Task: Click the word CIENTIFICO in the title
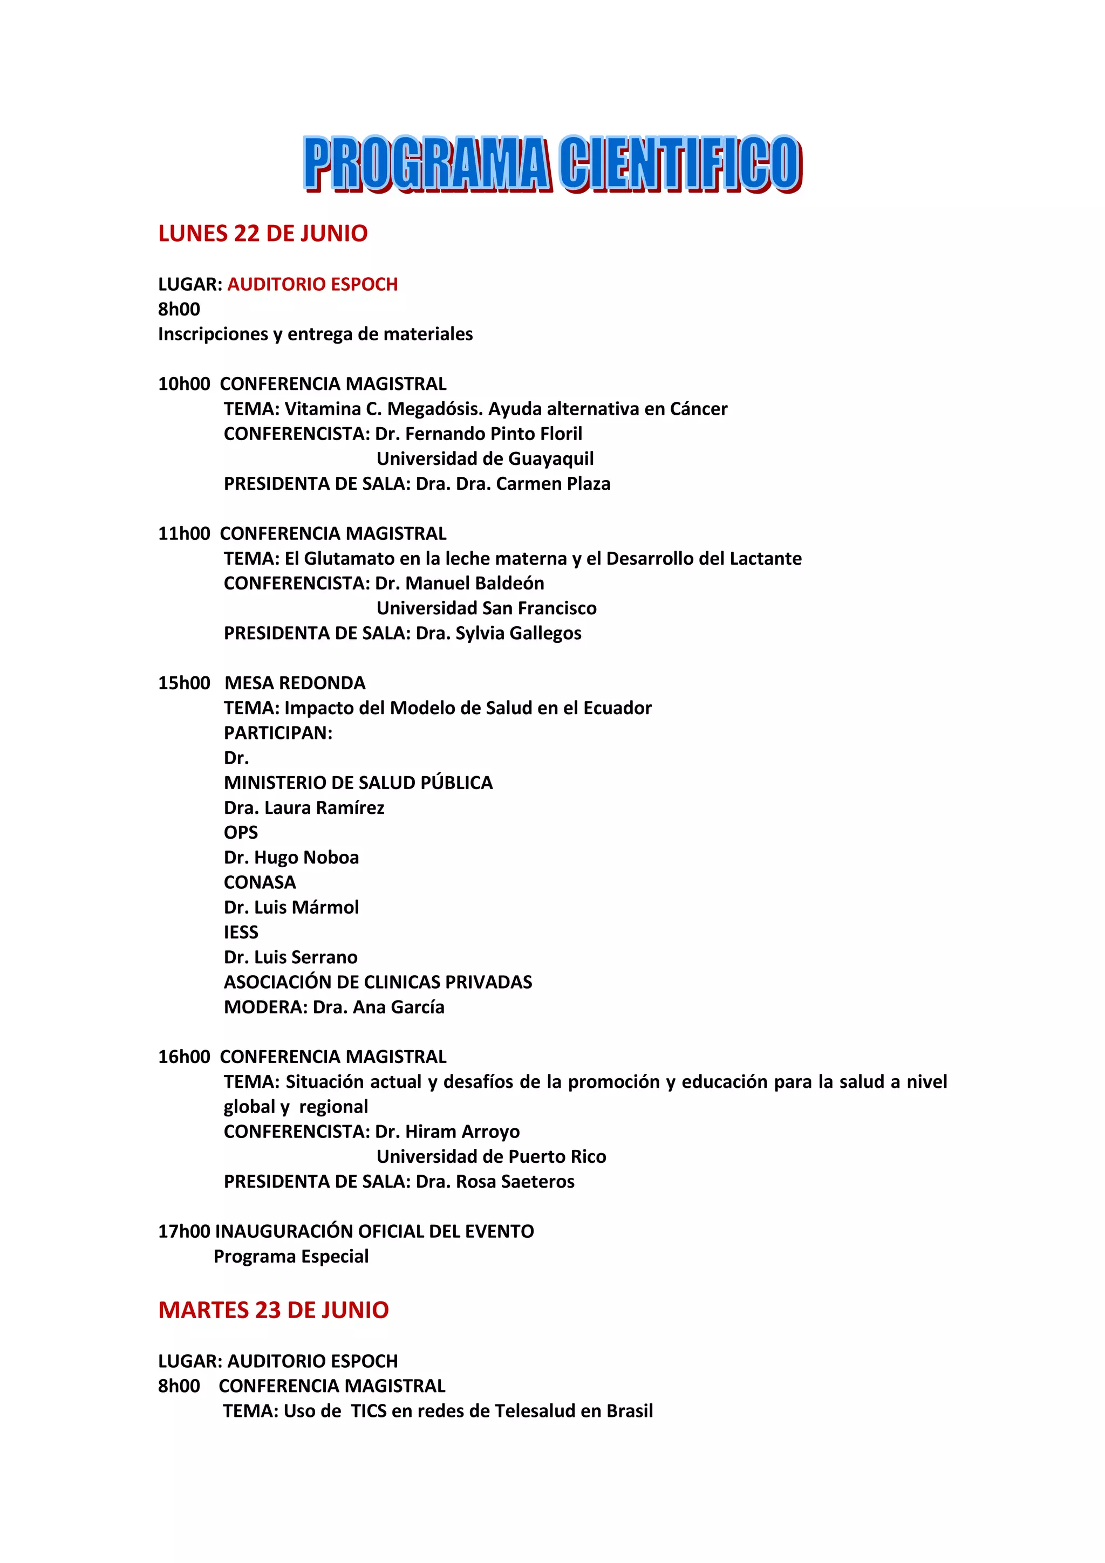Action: coord(679,163)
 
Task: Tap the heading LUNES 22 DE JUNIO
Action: coord(263,234)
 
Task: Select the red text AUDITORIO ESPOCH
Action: coord(312,285)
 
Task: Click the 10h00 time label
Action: coord(184,384)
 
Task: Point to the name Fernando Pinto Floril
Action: coord(494,434)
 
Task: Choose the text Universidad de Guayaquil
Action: coord(485,459)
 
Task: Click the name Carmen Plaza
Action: coord(553,484)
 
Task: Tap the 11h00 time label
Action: coord(184,534)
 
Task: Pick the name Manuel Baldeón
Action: coord(475,584)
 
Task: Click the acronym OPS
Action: coord(241,833)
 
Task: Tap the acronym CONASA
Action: coord(260,883)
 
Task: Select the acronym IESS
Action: coord(241,933)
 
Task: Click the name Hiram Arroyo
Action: coord(462,1132)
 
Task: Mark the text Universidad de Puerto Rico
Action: coord(491,1156)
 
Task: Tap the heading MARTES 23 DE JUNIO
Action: coord(273,1311)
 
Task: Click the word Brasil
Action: coord(629,1411)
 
